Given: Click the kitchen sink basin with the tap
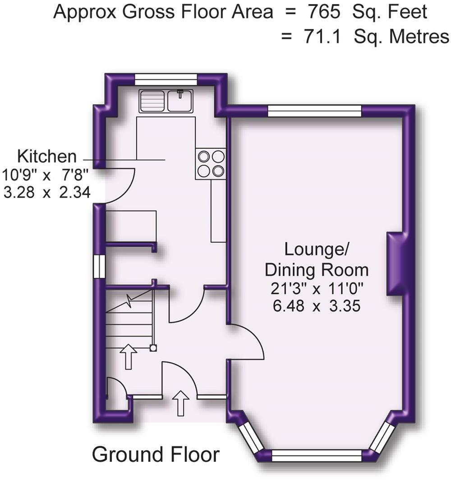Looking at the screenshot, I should (180, 101).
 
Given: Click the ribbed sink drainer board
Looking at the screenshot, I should (152, 101).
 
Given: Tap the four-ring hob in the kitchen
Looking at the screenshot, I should (211, 164).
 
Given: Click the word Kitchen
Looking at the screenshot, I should (47, 157).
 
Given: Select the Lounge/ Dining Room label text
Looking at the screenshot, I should (316, 259).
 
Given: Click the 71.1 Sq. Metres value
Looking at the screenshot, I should (365, 36).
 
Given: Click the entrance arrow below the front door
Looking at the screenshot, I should (181, 403).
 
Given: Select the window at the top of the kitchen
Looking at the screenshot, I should (166, 79).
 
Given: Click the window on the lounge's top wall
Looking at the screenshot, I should (315, 111).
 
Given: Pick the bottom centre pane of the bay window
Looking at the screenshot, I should (317, 456).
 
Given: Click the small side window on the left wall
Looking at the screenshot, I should (99, 266).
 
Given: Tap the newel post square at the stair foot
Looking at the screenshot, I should (153, 347).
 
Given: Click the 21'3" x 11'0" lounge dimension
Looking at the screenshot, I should (316, 289).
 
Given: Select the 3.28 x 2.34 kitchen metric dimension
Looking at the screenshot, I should (47, 193).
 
